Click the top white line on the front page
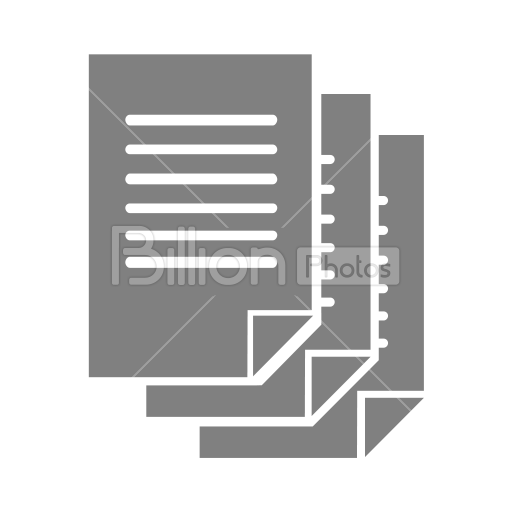click(201, 120)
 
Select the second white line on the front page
click(201, 149)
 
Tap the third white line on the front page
click(201, 179)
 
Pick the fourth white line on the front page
click(201, 208)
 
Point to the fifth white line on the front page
click(201, 235)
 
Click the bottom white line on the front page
click(201, 262)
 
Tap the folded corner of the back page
click(383, 417)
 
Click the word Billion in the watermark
click(198, 255)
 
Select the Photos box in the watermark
click(348, 266)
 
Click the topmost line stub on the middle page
click(328, 160)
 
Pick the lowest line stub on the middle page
click(328, 302)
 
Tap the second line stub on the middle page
click(328, 189)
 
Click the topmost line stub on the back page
click(383, 201)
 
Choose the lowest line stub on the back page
click(383, 343)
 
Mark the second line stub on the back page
click(383, 230)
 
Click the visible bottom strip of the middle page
click(225, 401)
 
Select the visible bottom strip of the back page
click(278, 442)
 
